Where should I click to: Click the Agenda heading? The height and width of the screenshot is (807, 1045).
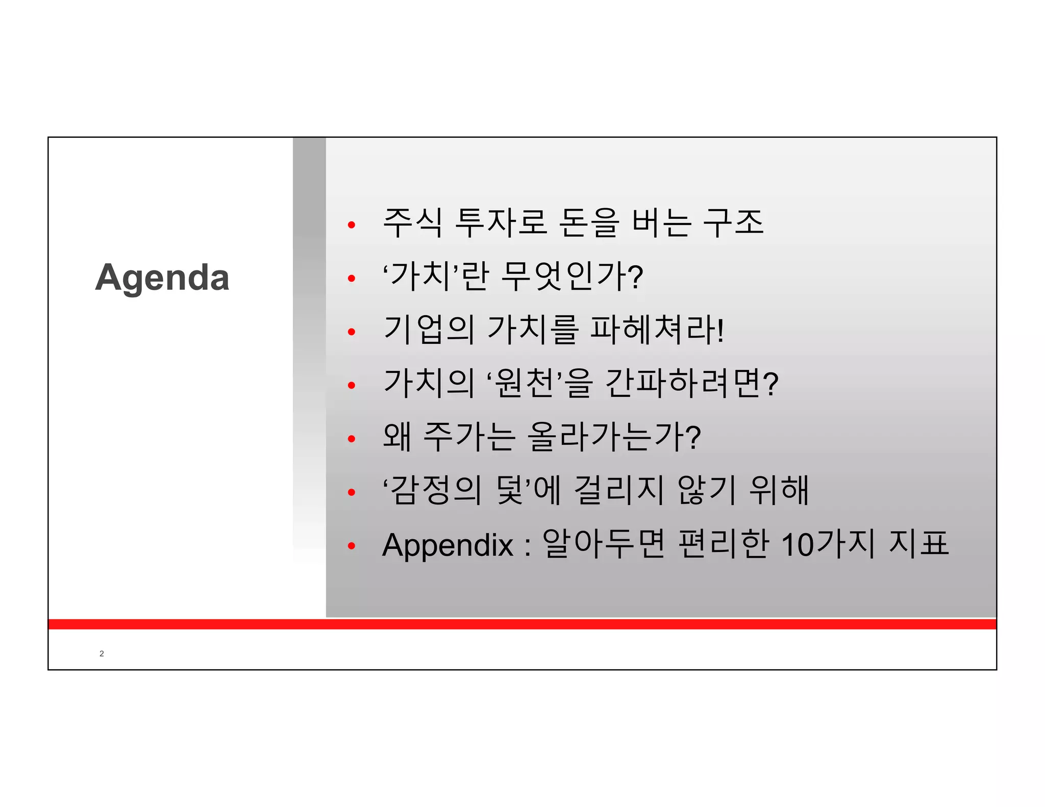(162, 278)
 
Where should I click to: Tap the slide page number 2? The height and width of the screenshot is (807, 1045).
(102, 653)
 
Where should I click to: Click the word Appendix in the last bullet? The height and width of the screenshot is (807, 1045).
(447, 545)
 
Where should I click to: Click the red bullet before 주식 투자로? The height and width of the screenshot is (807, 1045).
(351, 225)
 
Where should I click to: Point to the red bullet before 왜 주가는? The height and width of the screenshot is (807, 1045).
(351, 439)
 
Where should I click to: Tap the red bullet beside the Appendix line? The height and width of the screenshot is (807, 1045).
(351, 546)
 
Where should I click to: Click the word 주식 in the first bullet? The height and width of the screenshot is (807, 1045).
(412, 223)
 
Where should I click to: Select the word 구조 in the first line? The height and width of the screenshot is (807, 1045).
(733, 223)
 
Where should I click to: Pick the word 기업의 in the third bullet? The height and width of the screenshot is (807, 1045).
(429, 330)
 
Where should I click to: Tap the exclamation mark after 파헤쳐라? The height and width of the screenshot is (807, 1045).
(720, 331)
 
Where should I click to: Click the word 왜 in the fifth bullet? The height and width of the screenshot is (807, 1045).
(397, 437)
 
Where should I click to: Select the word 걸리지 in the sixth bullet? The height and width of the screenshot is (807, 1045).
(619, 490)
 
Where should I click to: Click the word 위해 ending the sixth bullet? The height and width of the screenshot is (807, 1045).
(779, 490)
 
